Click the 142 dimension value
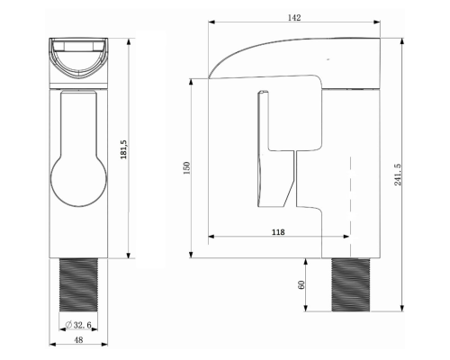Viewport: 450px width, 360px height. tap(294, 18)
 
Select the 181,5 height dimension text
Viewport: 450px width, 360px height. tap(123, 149)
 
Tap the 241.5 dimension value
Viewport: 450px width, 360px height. tap(398, 175)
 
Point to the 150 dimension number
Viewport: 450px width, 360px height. tap(186, 168)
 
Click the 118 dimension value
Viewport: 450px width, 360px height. tap(278, 232)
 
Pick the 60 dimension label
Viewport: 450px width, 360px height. tap(301, 284)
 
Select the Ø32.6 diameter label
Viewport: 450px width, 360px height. tap(78, 325)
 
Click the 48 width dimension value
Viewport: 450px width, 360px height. tap(78, 340)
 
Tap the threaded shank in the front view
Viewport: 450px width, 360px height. tap(78, 284)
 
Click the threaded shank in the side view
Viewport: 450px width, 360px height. tap(351, 284)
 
